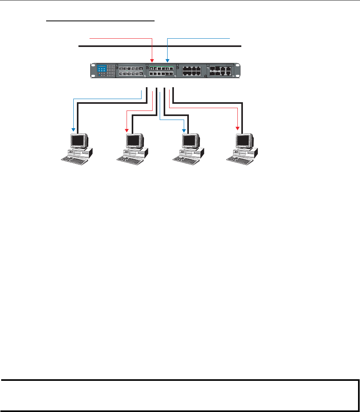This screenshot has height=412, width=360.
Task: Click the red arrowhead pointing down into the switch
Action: [152, 61]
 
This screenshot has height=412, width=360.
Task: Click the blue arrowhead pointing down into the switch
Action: [168, 61]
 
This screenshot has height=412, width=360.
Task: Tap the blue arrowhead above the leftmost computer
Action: [73, 129]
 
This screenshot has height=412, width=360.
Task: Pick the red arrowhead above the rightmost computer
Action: [238, 128]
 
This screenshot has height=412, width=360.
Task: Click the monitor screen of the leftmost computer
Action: [78, 140]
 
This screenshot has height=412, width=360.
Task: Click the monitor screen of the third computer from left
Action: [190, 140]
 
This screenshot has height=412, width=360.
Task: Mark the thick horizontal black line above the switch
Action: [160, 46]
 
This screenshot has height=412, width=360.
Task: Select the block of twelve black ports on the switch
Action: [191, 71]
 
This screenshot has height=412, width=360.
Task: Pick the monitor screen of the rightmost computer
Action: [243, 140]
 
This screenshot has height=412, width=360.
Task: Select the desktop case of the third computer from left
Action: [192, 152]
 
